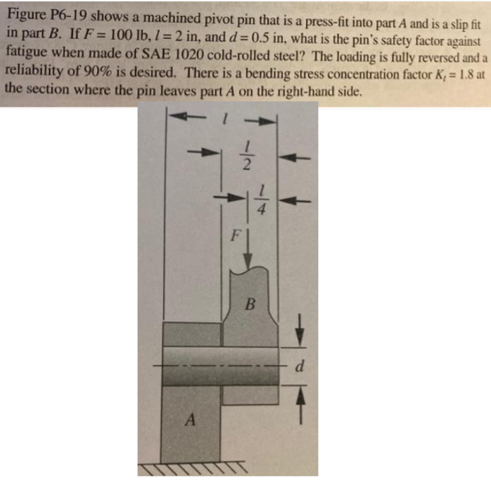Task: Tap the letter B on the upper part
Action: (248, 306)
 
